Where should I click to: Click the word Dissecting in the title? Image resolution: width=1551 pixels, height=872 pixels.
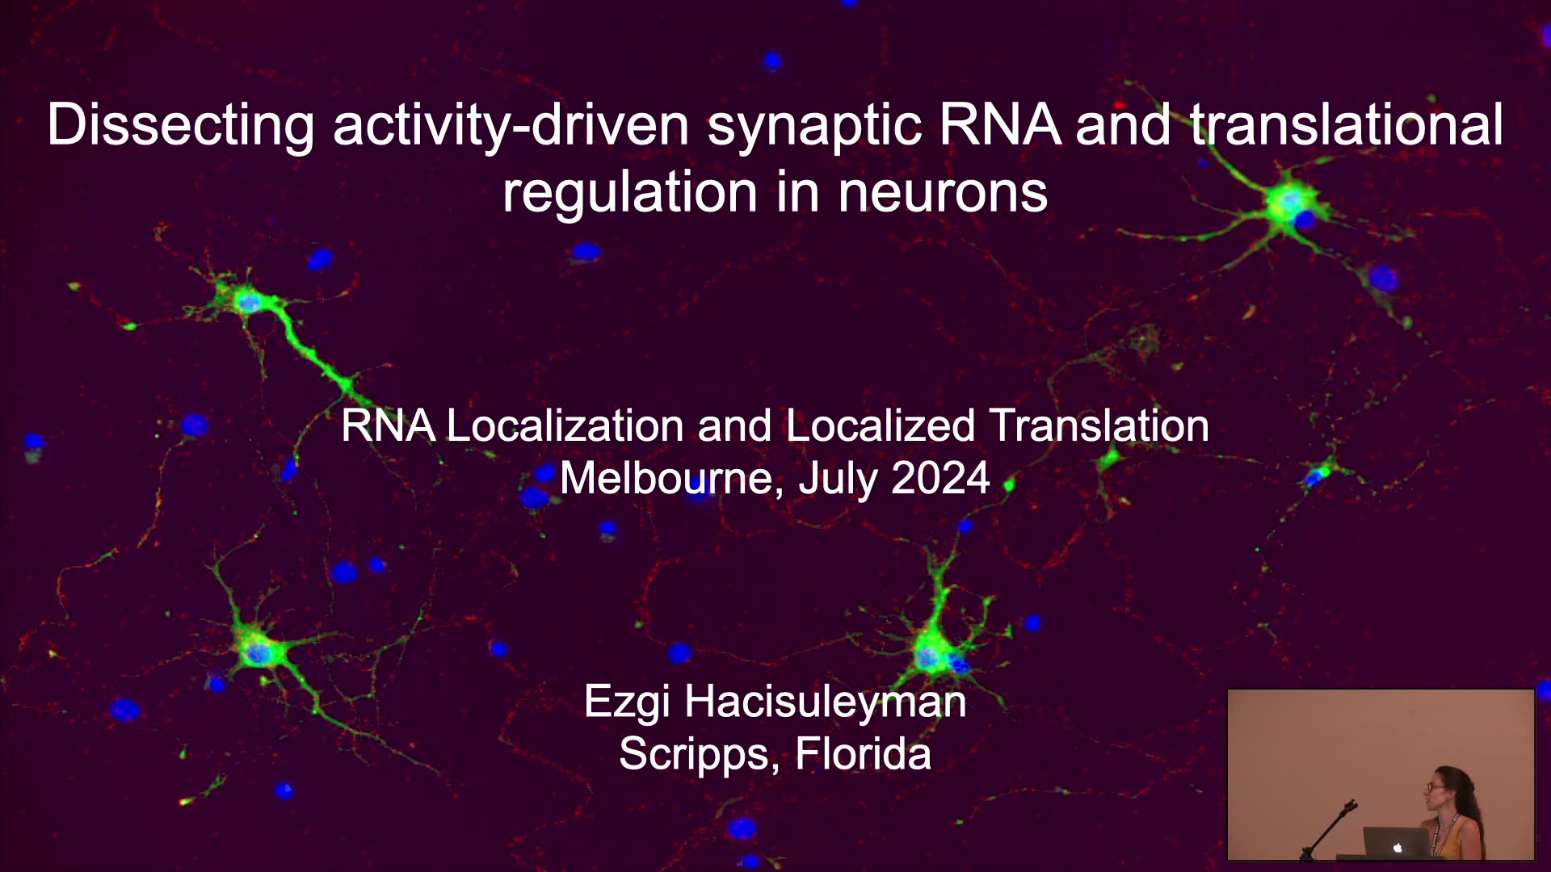[181, 125]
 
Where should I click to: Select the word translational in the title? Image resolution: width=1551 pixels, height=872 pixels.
[1347, 124]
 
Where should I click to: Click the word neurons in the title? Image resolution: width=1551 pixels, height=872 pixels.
[943, 192]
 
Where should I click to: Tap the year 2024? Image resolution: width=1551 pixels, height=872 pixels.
[940, 478]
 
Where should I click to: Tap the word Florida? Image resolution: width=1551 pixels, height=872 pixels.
[863, 753]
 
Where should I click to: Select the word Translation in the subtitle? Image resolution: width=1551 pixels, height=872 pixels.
[1099, 426]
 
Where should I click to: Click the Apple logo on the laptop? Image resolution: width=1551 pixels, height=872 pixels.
[1398, 848]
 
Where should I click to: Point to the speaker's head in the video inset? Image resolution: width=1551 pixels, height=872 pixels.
[1441, 786]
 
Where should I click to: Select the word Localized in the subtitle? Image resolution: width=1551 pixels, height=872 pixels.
[880, 426]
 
